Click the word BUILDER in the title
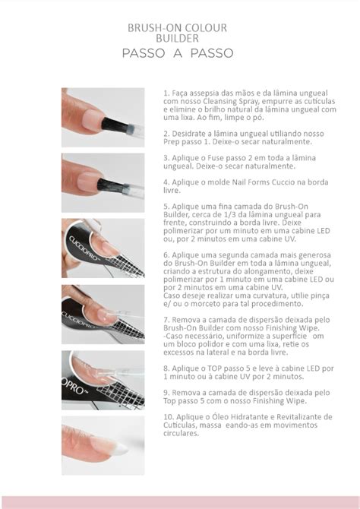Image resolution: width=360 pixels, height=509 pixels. click(177, 38)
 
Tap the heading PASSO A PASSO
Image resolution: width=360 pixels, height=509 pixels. click(178, 53)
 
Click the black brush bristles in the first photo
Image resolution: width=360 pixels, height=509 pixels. click(114, 125)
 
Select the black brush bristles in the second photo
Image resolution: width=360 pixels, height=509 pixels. click(110, 185)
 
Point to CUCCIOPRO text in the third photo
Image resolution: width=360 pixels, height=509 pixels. click(83, 248)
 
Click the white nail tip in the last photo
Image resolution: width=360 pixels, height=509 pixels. click(121, 448)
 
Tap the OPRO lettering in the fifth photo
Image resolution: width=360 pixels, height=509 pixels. click(74, 386)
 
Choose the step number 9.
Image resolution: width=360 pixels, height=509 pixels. click(166, 393)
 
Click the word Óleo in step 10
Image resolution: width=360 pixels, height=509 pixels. click(204, 417)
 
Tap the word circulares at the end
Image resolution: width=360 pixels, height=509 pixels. click(181, 433)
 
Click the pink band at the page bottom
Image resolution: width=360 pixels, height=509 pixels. click(180, 502)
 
